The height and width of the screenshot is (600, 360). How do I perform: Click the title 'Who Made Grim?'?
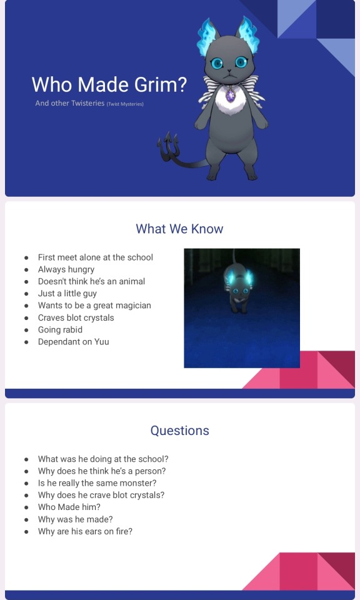pyautogui.click(x=109, y=84)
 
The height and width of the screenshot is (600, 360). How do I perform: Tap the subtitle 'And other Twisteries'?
pyautogui.click(x=69, y=103)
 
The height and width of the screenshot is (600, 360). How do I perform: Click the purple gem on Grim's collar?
pyautogui.click(x=230, y=95)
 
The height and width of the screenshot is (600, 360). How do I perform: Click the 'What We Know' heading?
pyautogui.click(x=179, y=229)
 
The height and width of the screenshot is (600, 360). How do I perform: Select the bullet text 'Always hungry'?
pyautogui.click(x=66, y=269)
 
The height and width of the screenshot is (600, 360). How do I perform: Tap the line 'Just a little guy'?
pyautogui.click(x=67, y=294)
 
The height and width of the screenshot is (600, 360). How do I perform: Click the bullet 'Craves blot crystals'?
pyautogui.click(x=76, y=317)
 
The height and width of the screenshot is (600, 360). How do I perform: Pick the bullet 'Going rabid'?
pyautogui.click(x=60, y=330)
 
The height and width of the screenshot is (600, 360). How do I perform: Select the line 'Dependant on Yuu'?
pyautogui.click(x=74, y=342)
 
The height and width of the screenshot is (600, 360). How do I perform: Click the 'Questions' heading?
pyautogui.click(x=179, y=431)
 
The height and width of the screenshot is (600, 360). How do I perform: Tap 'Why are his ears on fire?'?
pyautogui.click(x=85, y=531)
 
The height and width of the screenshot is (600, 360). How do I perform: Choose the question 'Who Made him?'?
pyautogui.click(x=69, y=507)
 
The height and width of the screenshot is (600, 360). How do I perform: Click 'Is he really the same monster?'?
pyautogui.click(x=97, y=483)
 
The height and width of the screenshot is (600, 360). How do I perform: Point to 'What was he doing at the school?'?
pyautogui.click(x=103, y=459)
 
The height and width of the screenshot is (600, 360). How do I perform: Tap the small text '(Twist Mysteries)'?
pyautogui.click(x=125, y=104)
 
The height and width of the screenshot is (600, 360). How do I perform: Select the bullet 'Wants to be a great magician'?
pyautogui.click(x=94, y=306)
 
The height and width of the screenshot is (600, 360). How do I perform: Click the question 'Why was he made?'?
pyautogui.click(x=75, y=519)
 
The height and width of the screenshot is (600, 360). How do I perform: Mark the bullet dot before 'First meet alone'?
pyautogui.click(x=26, y=257)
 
